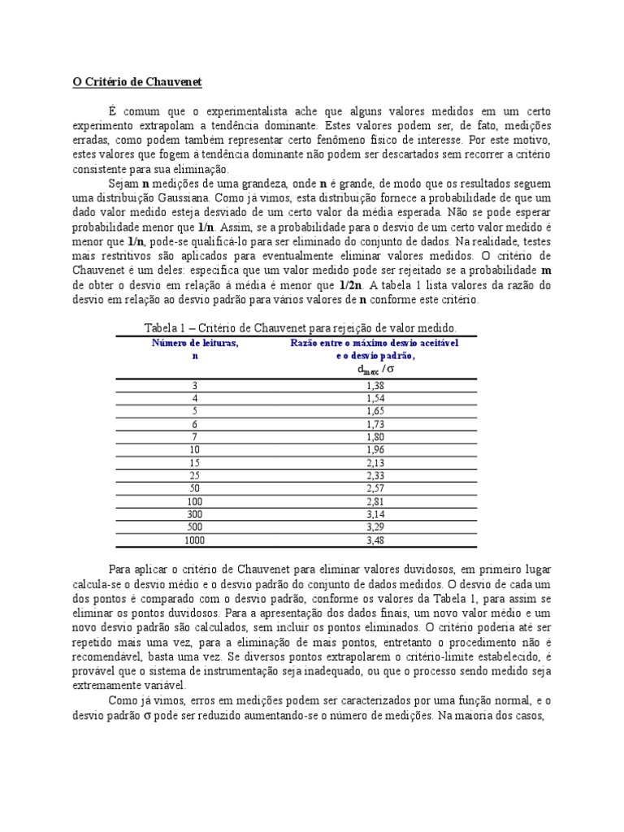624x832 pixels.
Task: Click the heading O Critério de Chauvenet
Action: point(136,82)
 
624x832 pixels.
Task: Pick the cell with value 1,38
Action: point(375,386)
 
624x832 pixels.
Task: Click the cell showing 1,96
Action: point(375,448)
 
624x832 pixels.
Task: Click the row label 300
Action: point(195,513)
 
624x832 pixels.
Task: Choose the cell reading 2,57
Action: point(375,487)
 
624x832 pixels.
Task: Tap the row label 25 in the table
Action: point(195,474)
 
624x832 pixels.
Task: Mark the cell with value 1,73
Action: point(375,424)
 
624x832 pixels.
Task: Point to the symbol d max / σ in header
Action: point(375,369)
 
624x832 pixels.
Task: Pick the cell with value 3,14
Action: point(375,513)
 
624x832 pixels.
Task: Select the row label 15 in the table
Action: point(195,461)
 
